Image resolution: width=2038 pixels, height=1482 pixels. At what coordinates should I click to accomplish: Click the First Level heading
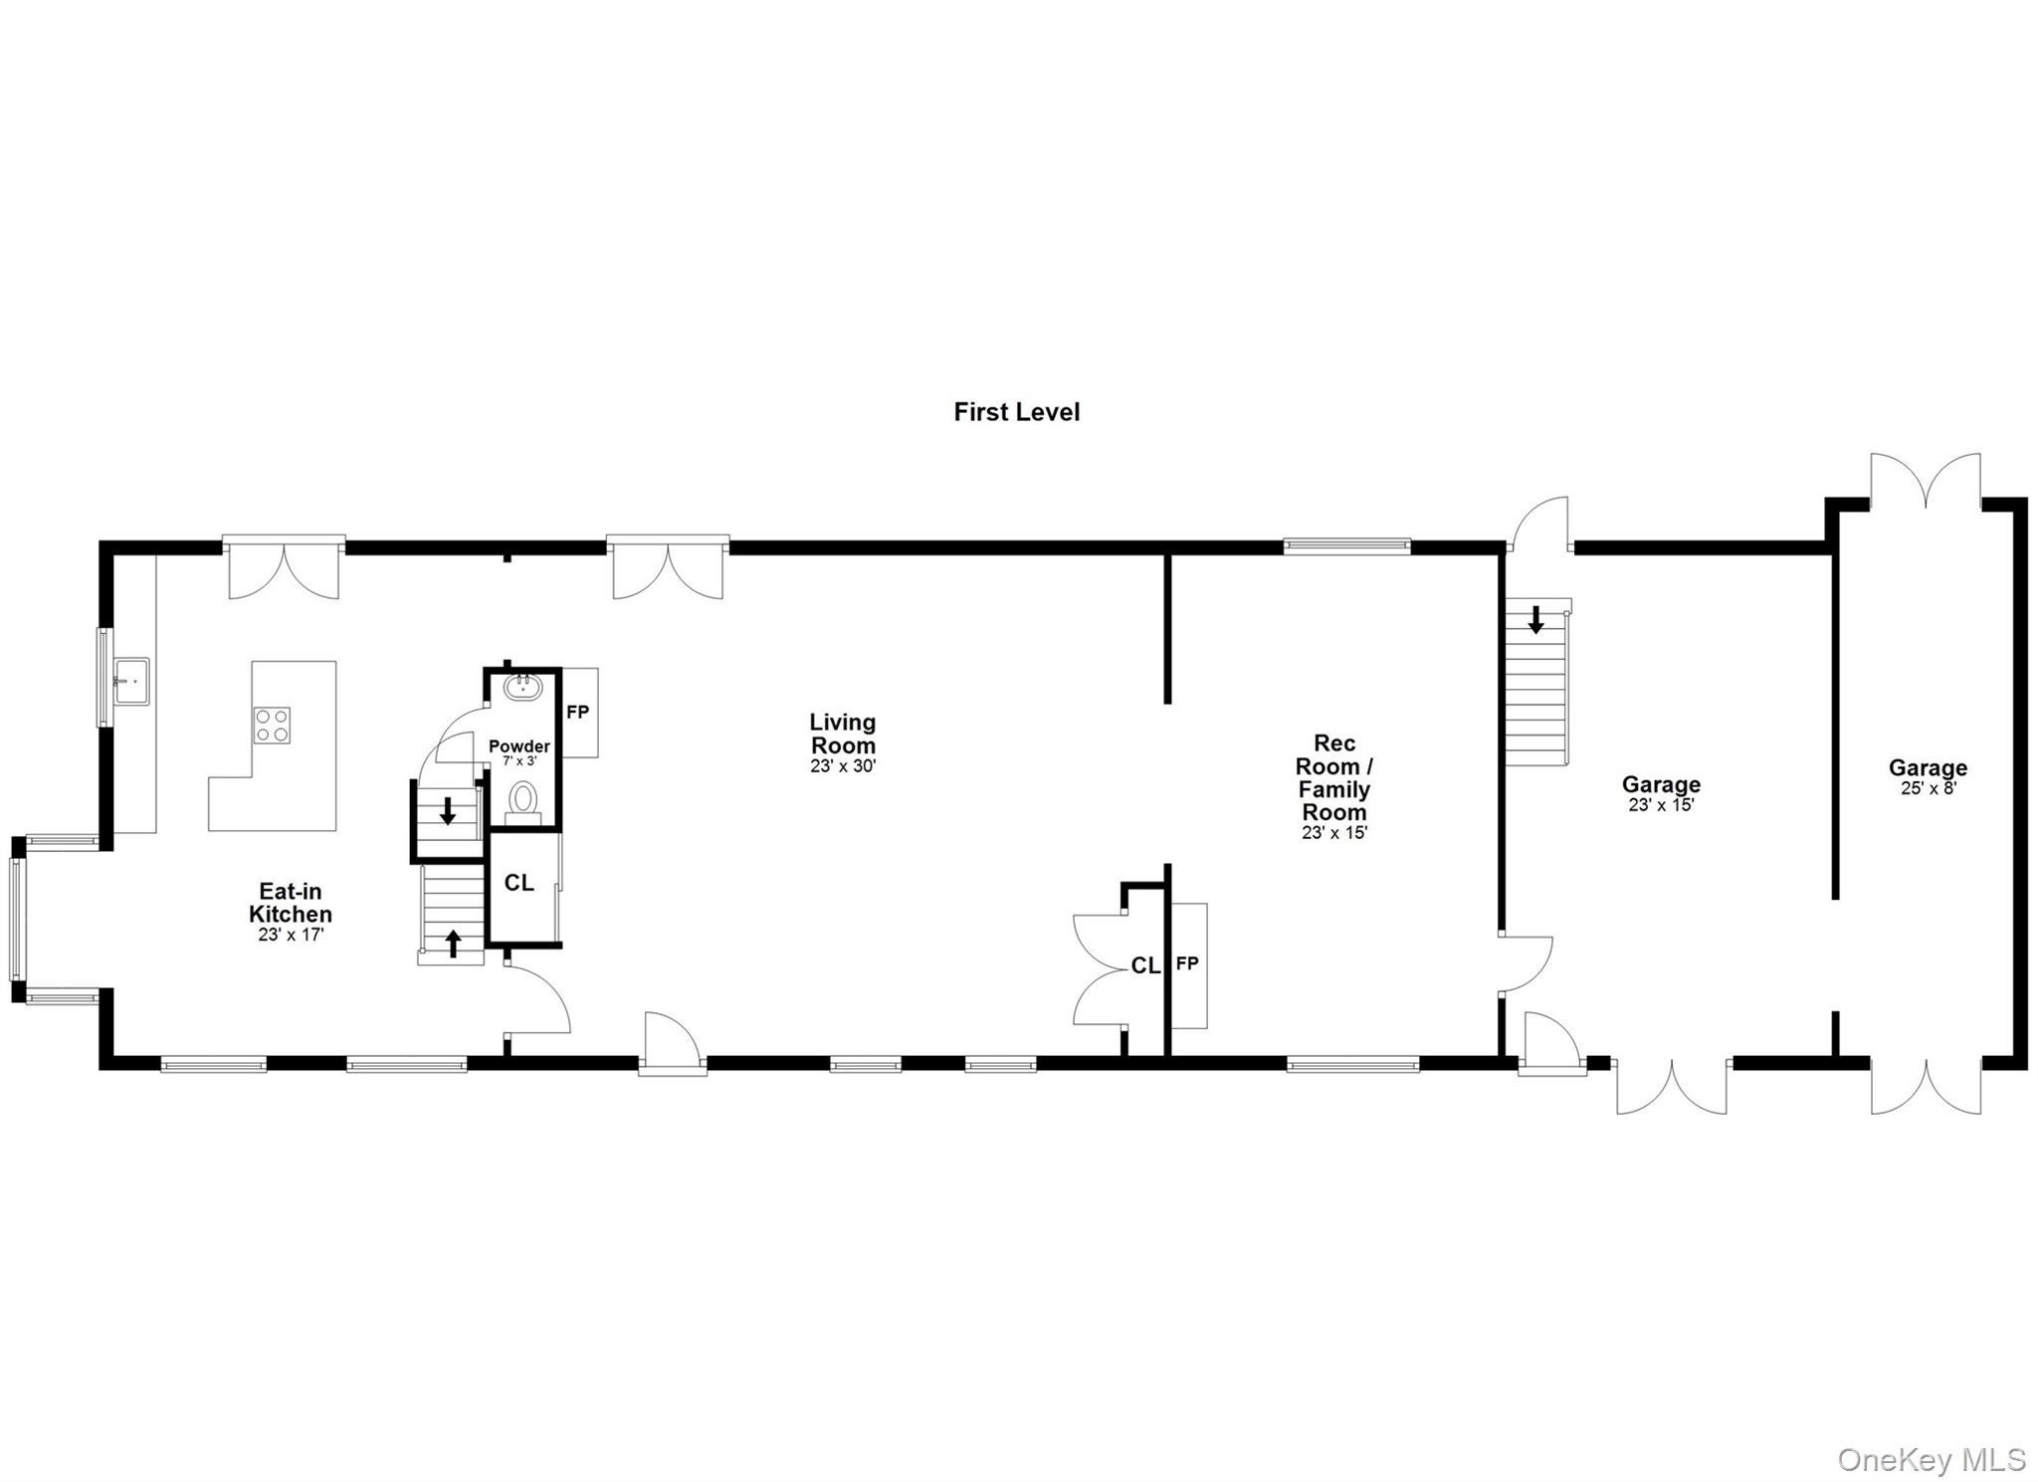1016,412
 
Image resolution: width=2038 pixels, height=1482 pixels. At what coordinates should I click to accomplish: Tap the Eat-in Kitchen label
291,903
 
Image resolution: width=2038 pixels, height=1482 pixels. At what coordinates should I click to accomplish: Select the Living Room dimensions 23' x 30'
843,766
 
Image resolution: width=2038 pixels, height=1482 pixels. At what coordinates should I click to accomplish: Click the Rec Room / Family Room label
1333,777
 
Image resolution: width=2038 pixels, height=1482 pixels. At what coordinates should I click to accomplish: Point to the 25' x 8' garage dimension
1928,788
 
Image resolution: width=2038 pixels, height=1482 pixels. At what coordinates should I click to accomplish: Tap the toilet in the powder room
523,799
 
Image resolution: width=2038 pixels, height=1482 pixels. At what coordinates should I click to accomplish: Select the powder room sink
522,686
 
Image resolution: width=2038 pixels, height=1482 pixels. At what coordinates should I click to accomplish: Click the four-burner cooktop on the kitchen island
272,724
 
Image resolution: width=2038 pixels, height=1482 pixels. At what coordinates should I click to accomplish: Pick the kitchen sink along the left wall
131,681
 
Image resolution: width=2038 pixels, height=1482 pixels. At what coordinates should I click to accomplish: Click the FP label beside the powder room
577,713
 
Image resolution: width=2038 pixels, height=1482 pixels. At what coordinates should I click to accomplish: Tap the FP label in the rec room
1187,963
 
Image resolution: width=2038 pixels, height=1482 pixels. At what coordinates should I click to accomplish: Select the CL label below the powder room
519,883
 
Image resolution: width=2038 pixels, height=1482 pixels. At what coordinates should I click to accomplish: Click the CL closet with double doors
1144,965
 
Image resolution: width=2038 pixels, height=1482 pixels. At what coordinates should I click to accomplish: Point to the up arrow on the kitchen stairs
454,943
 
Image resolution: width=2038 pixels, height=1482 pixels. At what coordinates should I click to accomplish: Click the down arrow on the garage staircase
1535,620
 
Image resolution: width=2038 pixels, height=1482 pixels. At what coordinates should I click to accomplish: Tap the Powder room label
519,746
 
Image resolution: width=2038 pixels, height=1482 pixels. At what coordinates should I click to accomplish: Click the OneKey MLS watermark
1931,1459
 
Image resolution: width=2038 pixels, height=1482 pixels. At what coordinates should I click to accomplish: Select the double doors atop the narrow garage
1926,482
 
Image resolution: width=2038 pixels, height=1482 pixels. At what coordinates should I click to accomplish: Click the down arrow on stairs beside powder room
448,810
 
